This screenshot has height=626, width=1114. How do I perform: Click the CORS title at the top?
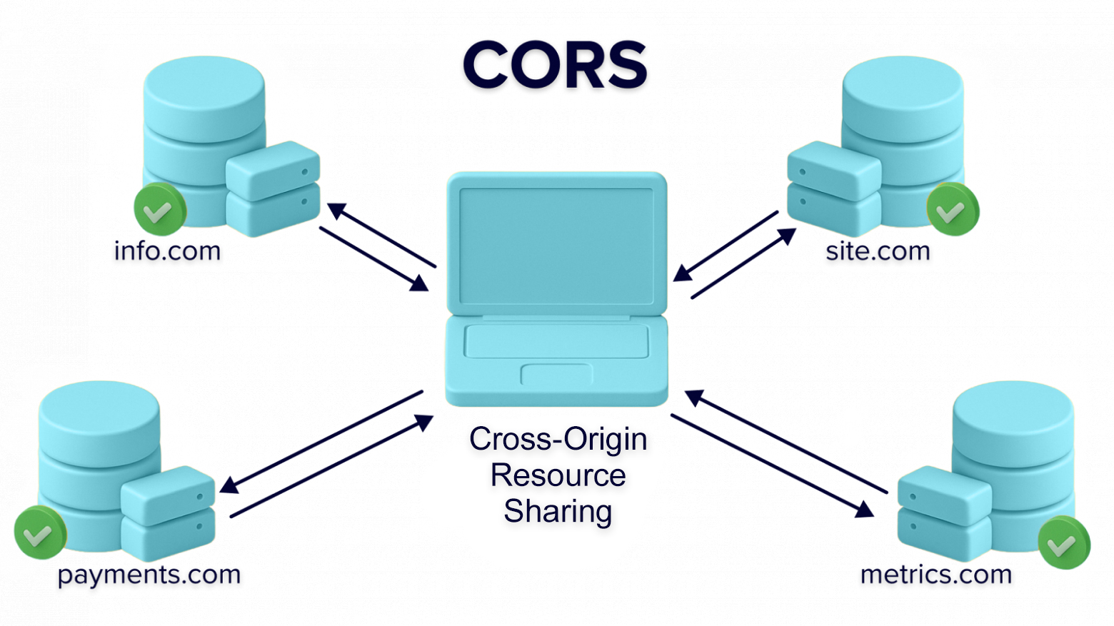556,65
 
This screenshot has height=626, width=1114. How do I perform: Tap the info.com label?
167,251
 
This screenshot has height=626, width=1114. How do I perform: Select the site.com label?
878,251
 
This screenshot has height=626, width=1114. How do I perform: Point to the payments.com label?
149,575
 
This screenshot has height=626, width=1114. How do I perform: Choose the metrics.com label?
936,575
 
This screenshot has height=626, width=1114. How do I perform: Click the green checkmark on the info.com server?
160,209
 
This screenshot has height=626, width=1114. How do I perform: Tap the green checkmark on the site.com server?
953,209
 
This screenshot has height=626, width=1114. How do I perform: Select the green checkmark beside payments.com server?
40,532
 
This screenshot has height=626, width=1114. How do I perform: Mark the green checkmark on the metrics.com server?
1063,543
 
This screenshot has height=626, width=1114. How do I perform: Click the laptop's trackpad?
556,374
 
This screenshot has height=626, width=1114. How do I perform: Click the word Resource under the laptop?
558,475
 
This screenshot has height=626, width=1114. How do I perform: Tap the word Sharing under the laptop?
558,512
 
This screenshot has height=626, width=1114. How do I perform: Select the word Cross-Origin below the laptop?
558,439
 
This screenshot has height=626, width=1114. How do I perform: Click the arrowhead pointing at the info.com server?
336,210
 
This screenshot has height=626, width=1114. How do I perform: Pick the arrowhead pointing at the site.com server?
788,236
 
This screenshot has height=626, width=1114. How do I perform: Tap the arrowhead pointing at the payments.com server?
229,485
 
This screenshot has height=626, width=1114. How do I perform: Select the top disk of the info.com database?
204,87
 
